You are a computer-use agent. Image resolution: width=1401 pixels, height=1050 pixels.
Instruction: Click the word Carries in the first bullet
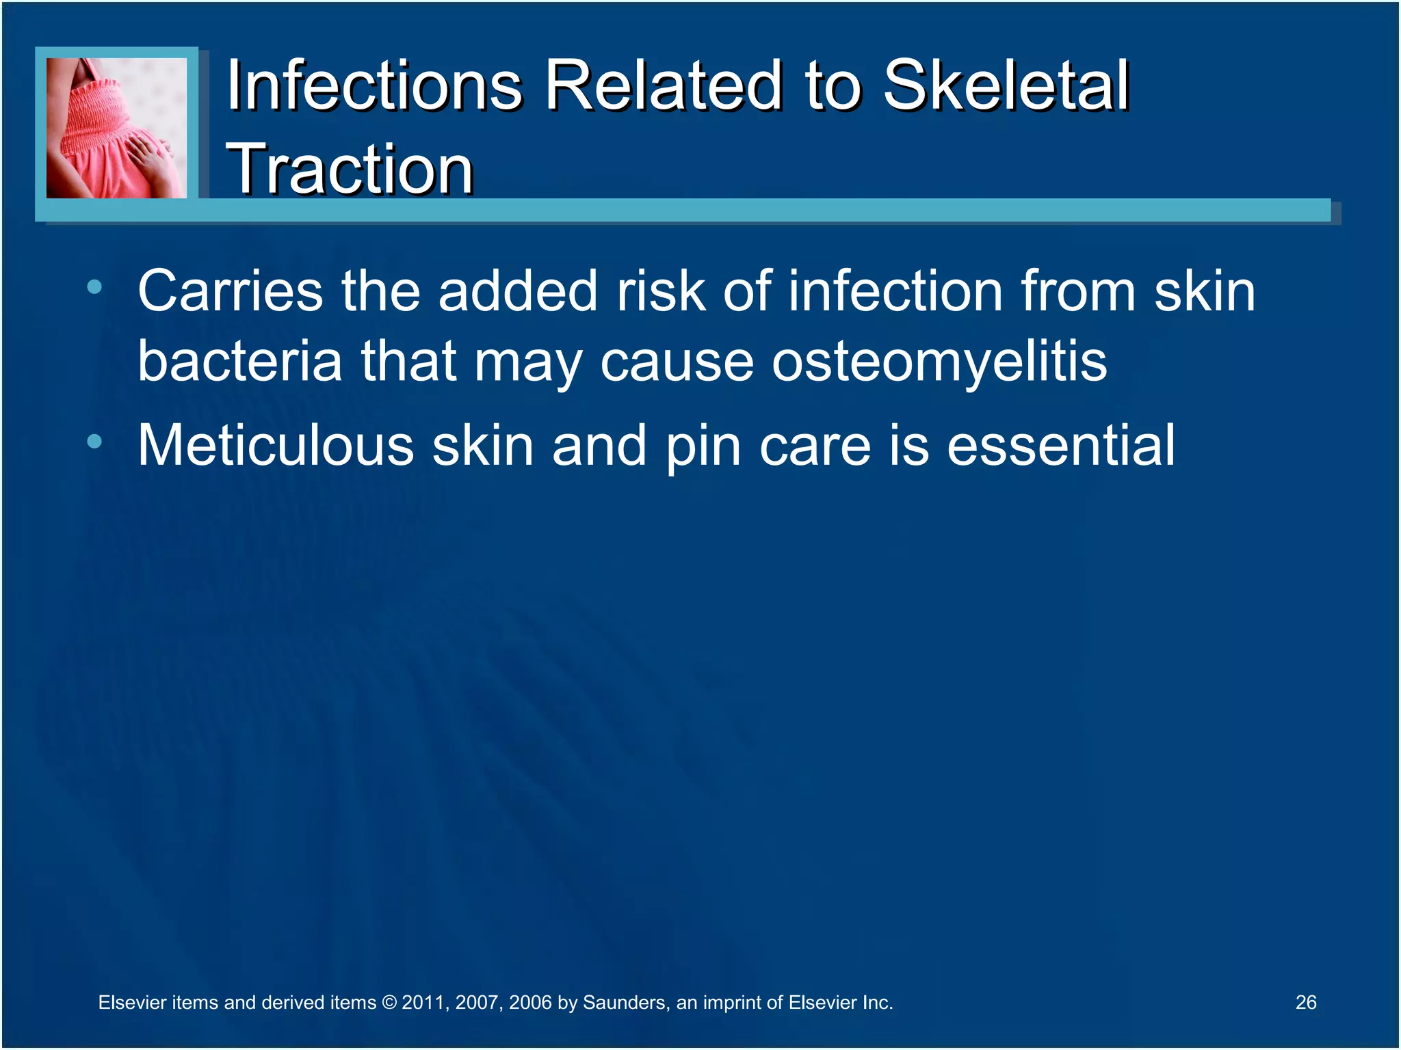point(230,291)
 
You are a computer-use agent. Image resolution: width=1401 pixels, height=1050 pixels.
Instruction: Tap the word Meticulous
point(275,445)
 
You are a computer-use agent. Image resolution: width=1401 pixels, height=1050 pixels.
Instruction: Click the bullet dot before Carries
point(94,287)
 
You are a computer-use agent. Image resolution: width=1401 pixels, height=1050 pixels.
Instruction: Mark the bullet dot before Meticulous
point(94,442)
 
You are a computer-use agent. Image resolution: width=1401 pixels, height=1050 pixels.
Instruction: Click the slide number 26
point(1305,1002)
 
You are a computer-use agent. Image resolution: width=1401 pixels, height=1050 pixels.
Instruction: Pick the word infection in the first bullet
point(895,291)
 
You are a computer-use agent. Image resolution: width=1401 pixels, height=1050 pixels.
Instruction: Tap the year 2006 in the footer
point(530,1003)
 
